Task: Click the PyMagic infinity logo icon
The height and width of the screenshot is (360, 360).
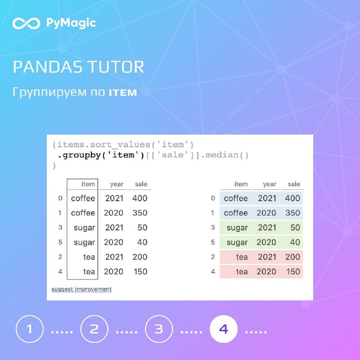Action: coord(26,23)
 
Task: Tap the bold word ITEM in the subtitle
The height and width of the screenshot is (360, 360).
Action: coord(123,93)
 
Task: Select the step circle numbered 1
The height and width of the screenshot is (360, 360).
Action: coord(30,329)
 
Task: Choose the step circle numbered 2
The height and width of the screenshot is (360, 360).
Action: coord(94,329)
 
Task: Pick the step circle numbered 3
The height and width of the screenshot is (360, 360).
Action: coord(159,329)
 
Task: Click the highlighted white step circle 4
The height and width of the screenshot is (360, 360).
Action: coord(224,329)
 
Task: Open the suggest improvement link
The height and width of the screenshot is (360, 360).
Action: coord(81,289)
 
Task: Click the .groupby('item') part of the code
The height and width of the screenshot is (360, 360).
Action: coord(101,155)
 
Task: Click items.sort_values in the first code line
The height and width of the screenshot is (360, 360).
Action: coord(103,145)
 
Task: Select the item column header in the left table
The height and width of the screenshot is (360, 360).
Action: coord(88,184)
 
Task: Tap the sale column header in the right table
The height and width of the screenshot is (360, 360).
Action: coord(294,184)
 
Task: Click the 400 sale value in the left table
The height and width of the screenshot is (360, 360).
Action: coord(140,198)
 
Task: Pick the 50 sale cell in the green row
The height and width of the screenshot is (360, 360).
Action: coord(295,228)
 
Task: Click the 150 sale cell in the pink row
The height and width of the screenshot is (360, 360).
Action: coord(293,272)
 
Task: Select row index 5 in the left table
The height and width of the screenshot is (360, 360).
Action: coord(60,242)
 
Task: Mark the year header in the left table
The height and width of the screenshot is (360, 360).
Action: coord(117,184)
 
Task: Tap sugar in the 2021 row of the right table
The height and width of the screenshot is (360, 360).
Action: coord(237,228)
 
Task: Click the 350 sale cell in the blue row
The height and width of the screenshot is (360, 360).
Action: coord(293,213)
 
